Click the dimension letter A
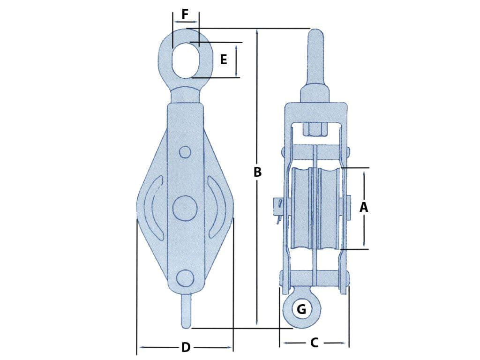(x=364, y=207)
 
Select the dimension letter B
(x=257, y=172)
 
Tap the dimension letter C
(x=315, y=343)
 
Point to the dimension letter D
(x=186, y=347)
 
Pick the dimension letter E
(x=224, y=60)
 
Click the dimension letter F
(x=185, y=14)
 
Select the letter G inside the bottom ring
(x=301, y=309)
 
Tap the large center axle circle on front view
(x=184, y=208)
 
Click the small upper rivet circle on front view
(x=185, y=153)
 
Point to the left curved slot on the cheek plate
(x=155, y=208)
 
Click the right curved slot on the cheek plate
(x=217, y=208)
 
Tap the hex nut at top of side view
(x=315, y=128)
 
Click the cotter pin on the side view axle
(x=278, y=209)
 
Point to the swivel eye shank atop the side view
(x=315, y=56)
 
